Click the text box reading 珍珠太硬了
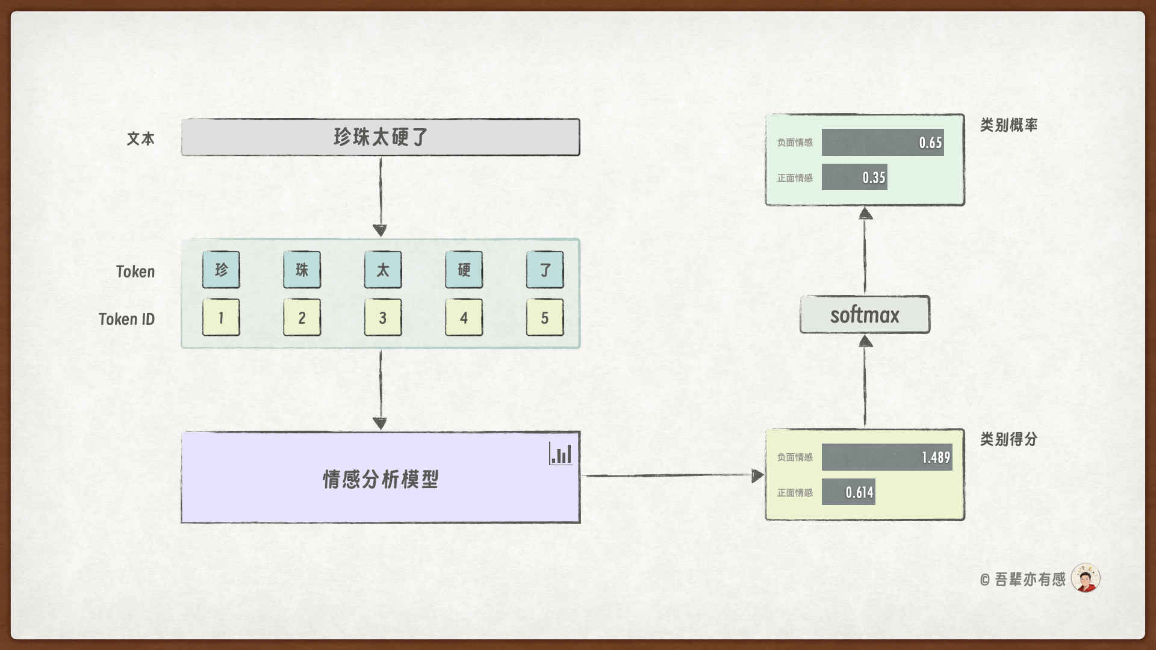(380, 137)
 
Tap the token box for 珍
(221, 270)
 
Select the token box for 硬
(464, 270)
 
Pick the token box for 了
(545, 270)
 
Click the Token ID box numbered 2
(302, 318)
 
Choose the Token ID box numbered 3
(383, 318)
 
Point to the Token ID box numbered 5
(545, 318)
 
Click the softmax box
(865, 315)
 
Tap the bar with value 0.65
(883, 143)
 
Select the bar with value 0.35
(854, 178)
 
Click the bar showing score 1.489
(887, 457)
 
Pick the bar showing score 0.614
(848, 492)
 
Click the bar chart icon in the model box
(561, 454)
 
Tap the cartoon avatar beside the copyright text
(1086, 578)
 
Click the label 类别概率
(1008, 125)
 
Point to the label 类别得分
(1008, 439)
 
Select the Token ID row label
(126, 319)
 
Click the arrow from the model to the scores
(671, 475)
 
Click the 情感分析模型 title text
(381, 480)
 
